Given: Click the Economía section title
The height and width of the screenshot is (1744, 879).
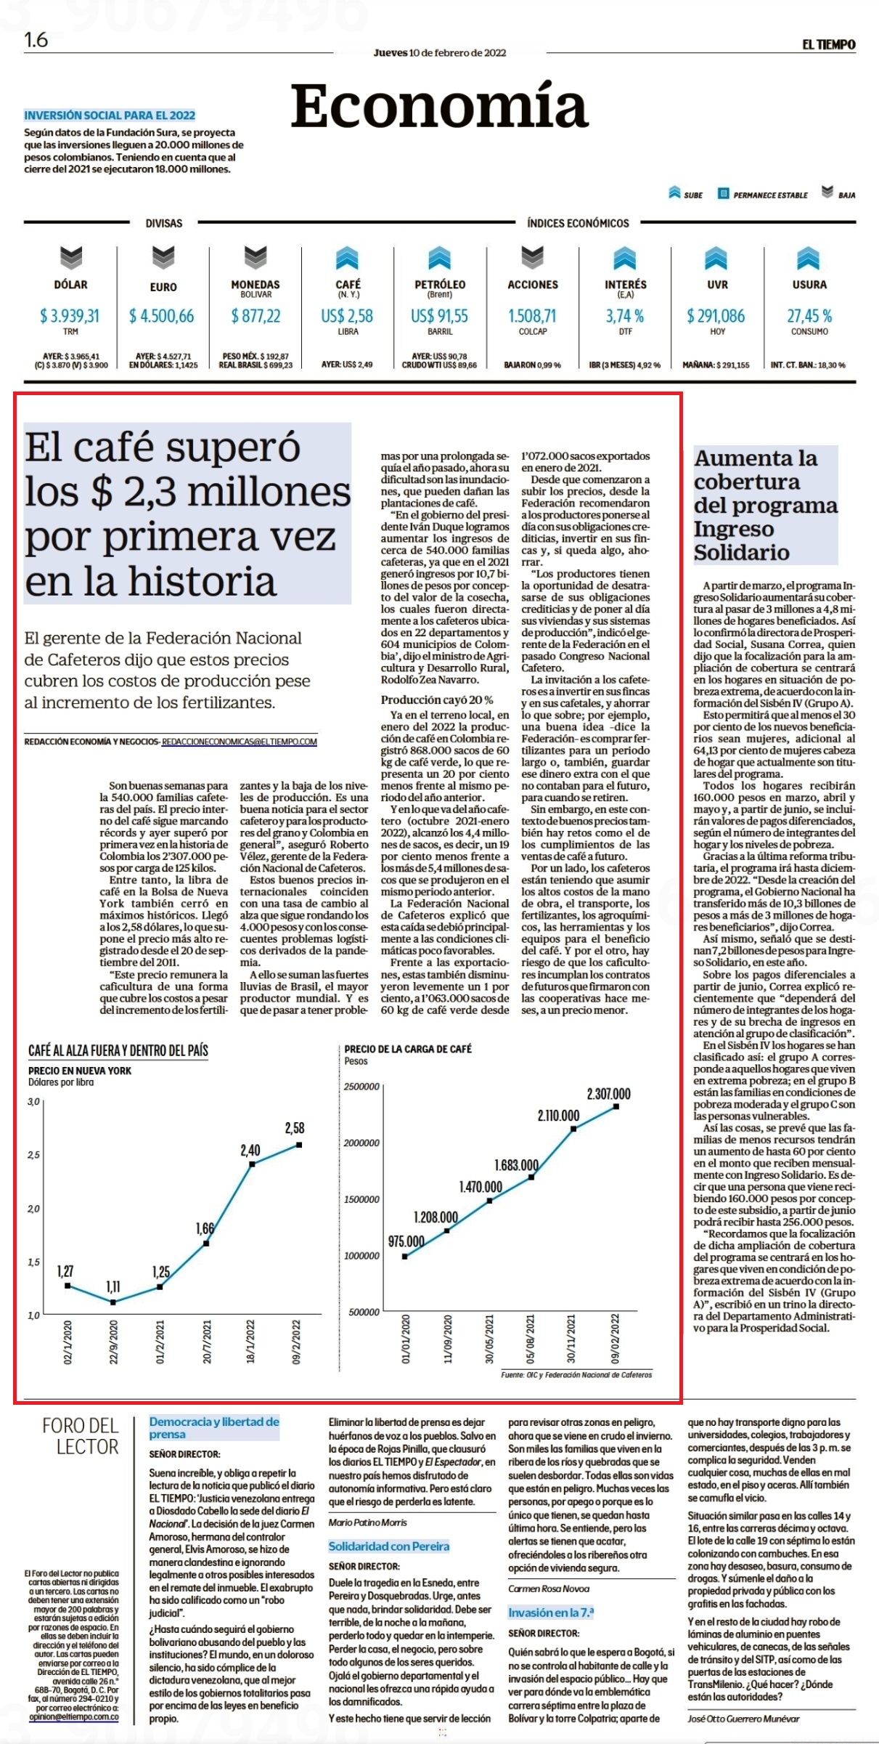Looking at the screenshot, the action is pyautogui.click(x=439, y=106).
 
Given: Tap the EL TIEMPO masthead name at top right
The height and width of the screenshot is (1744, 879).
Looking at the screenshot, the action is pyautogui.click(x=829, y=44).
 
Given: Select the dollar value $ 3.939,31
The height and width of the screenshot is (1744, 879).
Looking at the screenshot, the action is pyautogui.click(x=70, y=316).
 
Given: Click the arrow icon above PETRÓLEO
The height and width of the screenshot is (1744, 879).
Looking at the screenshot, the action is pyautogui.click(x=440, y=258).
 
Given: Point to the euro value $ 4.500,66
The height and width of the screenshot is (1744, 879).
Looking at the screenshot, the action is pyautogui.click(x=162, y=316).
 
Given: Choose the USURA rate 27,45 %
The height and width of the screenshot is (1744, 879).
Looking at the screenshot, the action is pyautogui.click(x=809, y=316).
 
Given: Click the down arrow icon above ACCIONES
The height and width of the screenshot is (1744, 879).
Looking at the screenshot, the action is pyautogui.click(x=533, y=256).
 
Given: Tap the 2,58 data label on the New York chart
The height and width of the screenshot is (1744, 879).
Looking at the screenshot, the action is pyautogui.click(x=295, y=1128).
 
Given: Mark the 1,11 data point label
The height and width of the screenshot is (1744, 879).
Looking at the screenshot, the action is pyautogui.click(x=114, y=1286).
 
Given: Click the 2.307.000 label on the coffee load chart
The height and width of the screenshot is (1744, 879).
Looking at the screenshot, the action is pyautogui.click(x=609, y=1094).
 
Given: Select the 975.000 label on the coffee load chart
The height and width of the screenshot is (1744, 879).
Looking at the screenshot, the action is pyautogui.click(x=406, y=1241).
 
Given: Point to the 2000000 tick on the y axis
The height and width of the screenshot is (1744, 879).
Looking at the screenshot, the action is pyautogui.click(x=361, y=1143).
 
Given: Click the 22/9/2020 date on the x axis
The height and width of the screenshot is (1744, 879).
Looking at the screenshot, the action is pyautogui.click(x=113, y=1342).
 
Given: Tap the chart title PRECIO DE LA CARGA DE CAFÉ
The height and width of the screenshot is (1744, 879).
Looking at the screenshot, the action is pyautogui.click(x=408, y=1049).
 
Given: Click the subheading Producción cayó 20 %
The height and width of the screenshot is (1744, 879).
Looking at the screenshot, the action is pyautogui.click(x=437, y=699).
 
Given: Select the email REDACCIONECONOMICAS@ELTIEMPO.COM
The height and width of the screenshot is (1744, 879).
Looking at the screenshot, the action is pyautogui.click(x=240, y=742).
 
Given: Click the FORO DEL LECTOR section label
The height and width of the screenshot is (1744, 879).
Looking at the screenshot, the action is pyautogui.click(x=81, y=1435).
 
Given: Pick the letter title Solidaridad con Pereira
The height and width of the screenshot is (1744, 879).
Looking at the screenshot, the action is pyautogui.click(x=389, y=1546).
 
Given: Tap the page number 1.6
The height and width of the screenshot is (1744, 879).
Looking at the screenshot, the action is pyautogui.click(x=36, y=40).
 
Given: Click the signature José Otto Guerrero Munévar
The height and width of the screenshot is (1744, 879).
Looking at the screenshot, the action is pyautogui.click(x=743, y=1719).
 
